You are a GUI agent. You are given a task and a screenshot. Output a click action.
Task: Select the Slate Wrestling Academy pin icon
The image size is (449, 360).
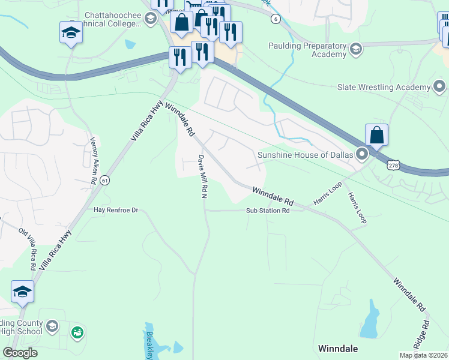[439, 87]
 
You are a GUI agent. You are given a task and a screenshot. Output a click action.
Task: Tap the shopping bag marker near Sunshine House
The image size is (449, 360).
[376, 135]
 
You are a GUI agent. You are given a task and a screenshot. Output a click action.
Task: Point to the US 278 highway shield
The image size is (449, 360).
[393, 164]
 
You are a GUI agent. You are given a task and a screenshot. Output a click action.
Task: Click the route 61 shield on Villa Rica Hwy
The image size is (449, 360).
[105, 179]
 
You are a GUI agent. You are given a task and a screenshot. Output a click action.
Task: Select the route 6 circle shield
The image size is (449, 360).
[275, 19]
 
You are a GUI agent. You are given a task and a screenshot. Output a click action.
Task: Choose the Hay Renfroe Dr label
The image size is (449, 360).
[116, 210]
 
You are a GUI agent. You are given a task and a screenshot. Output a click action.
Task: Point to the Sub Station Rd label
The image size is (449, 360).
[268, 211]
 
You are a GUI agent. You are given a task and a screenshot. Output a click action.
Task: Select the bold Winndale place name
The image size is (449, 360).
[337, 348]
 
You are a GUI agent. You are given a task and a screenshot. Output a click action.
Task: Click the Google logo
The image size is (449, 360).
[20, 352]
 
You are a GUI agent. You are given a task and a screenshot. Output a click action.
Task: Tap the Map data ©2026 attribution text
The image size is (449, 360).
[423, 355]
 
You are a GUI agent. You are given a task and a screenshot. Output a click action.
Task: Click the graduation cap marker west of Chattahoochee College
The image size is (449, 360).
[71, 32]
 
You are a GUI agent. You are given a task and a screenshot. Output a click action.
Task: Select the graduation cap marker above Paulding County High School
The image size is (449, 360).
[22, 292]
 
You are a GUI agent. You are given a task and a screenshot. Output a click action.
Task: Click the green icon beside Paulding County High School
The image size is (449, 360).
[77, 332]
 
